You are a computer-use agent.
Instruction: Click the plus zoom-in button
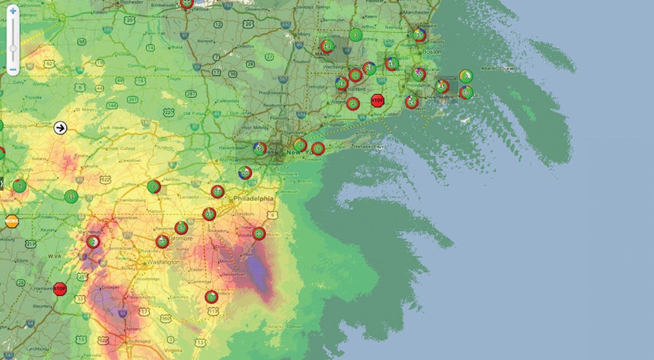(12, 11)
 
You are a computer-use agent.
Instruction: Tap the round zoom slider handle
(12, 49)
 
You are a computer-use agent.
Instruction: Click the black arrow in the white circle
(60, 128)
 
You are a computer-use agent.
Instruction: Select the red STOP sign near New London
(377, 100)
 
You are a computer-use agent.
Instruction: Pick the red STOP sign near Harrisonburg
(60, 288)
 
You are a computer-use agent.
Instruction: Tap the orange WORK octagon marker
(12, 221)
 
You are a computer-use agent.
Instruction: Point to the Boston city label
(432, 52)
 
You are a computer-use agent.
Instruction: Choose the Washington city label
(164, 262)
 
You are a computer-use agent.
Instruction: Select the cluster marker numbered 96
(260, 148)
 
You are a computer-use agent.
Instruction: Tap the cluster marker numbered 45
(442, 86)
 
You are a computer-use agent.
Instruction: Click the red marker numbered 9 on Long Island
(318, 148)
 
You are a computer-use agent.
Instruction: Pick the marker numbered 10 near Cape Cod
(465, 93)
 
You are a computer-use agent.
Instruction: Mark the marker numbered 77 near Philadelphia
(217, 192)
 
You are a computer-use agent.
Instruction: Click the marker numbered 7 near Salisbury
(211, 296)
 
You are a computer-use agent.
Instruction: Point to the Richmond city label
(138, 342)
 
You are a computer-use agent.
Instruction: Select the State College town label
(123, 148)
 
